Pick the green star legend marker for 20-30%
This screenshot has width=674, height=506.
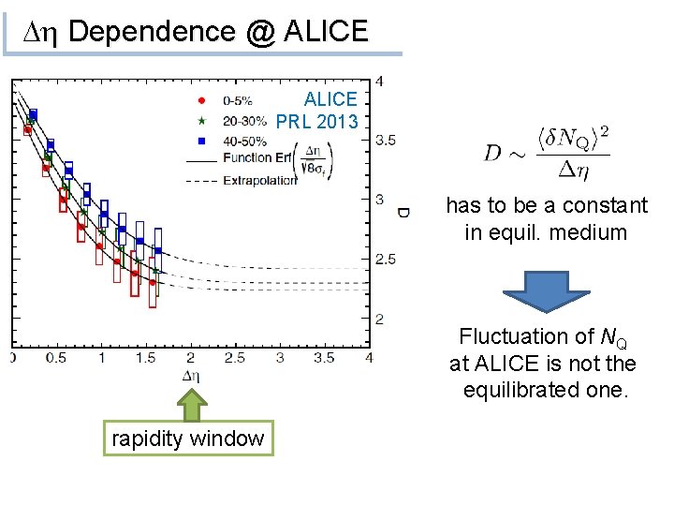(201, 120)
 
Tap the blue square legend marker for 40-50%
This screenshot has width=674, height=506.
(201, 141)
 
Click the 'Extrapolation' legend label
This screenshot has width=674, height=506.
(259, 180)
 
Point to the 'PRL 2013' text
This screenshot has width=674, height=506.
(317, 122)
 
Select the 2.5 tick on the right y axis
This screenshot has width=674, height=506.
(385, 260)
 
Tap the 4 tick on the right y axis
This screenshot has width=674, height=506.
(378, 81)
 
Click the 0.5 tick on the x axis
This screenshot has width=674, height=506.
(55, 358)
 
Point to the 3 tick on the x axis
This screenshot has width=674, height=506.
(280, 358)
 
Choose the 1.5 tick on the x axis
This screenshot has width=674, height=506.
(145, 358)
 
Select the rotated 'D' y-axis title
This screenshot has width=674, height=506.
(403, 213)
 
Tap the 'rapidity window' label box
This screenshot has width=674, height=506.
(188, 438)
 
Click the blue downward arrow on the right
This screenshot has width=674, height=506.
(546, 292)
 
